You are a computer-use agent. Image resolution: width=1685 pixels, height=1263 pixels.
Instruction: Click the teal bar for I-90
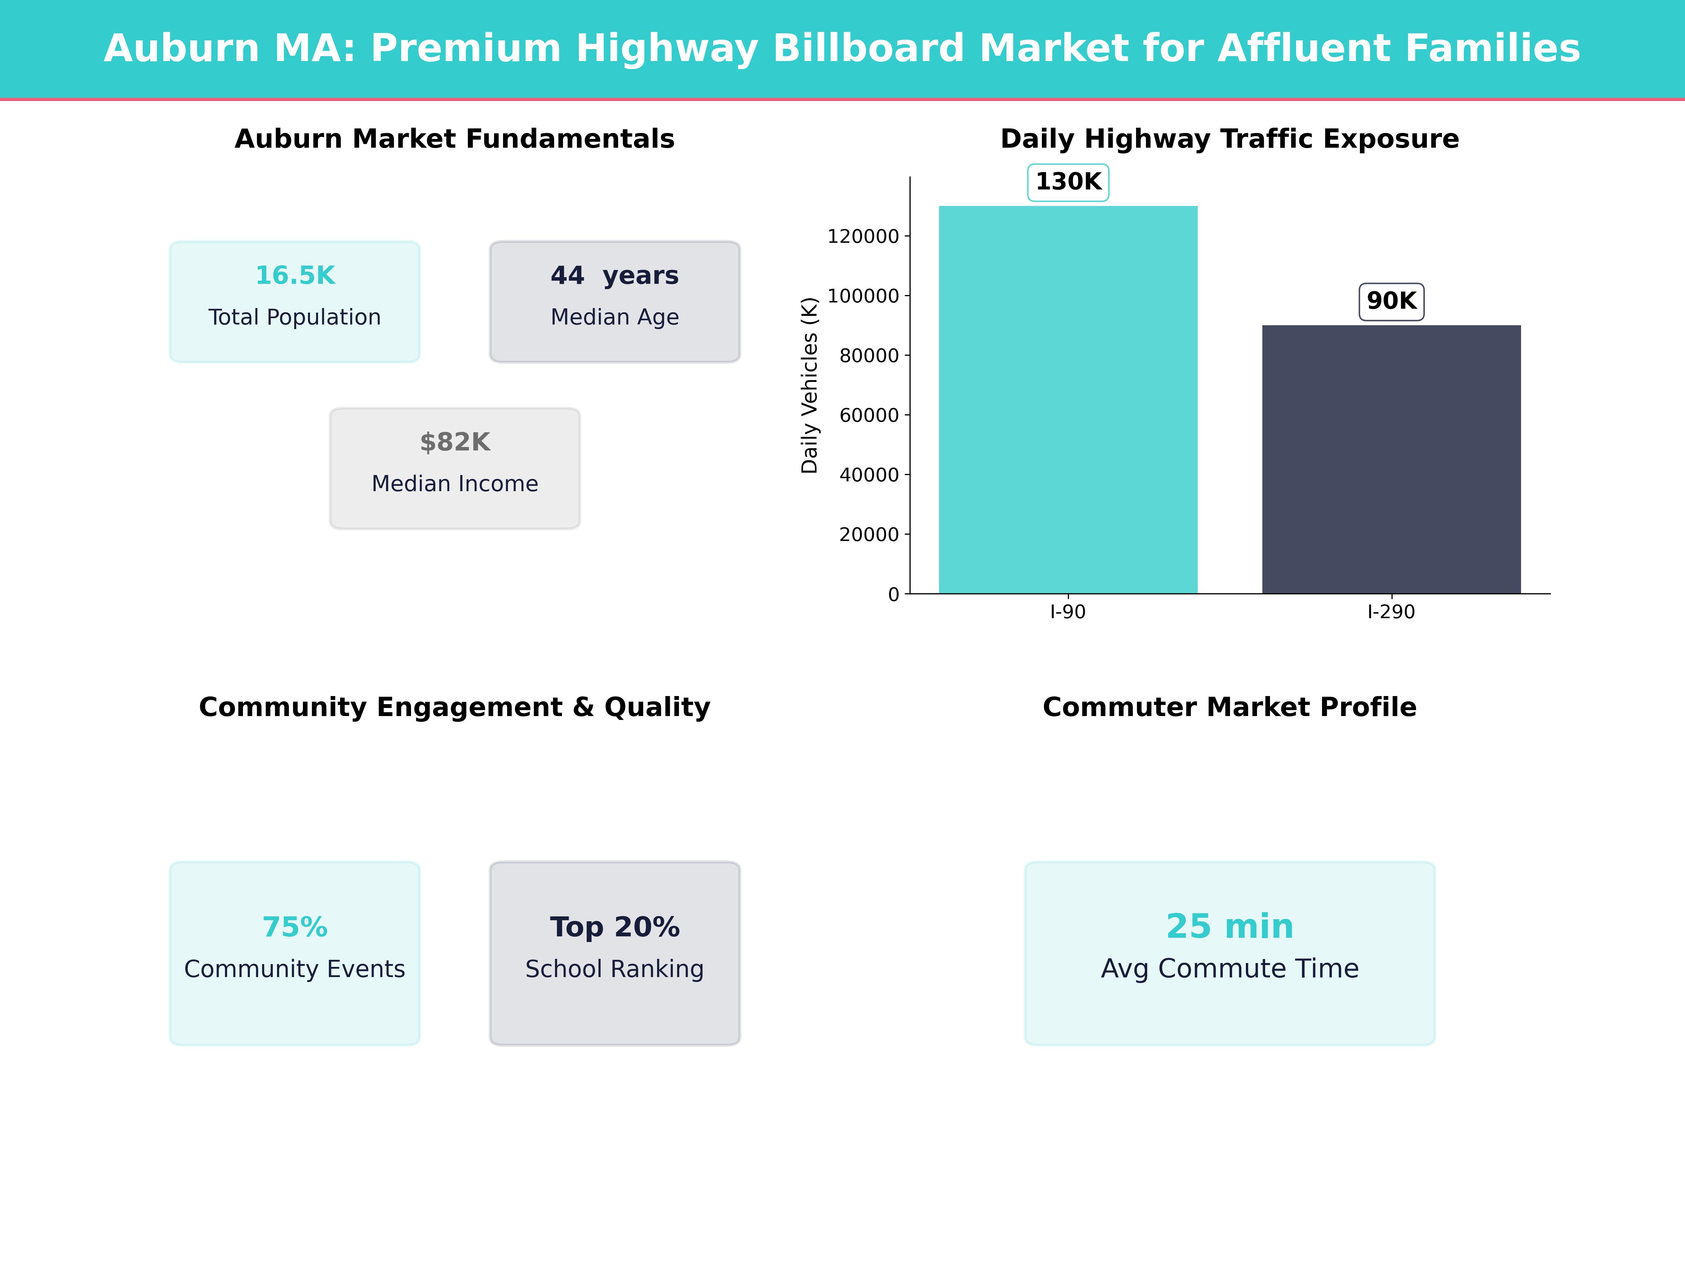[1068, 400]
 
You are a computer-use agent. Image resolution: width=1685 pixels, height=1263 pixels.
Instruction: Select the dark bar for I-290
[1391, 459]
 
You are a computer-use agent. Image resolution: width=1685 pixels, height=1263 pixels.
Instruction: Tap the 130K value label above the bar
[1068, 182]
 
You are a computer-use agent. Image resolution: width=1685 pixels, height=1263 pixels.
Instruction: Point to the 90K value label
[1391, 301]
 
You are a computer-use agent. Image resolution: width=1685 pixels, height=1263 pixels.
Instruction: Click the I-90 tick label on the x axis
[1067, 612]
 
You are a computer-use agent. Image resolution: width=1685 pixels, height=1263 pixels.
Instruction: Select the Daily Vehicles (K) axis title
[809, 385]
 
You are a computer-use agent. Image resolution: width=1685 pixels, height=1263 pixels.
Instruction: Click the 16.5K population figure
[295, 276]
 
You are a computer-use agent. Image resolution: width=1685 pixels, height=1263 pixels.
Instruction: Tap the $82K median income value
[455, 442]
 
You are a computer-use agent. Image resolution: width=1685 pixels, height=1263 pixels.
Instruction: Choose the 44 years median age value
[614, 276]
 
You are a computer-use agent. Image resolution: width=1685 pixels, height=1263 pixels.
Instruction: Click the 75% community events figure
[295, 927]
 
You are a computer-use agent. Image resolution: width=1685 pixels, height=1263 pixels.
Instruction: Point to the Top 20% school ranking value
[614, 927]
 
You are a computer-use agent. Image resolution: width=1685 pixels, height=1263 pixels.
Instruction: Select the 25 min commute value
[1229, 927]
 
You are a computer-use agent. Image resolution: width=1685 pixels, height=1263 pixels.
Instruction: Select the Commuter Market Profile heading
[1229, 707]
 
